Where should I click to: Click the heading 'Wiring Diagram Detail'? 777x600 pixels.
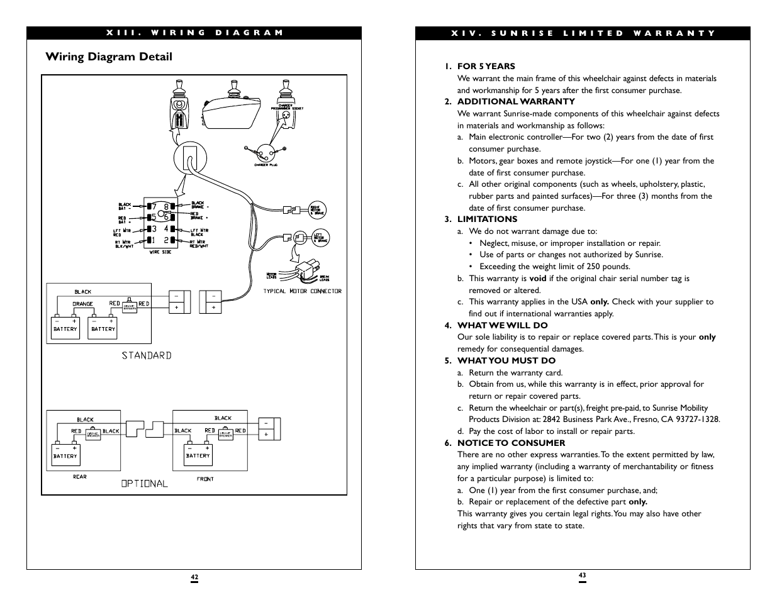coord(109,57)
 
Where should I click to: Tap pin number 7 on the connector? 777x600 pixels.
coord(153,207)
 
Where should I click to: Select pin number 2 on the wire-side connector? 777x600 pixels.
coord(167,240)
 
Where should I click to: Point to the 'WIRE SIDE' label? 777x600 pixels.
coord(160,252)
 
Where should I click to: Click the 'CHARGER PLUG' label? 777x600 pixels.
coord(266,165)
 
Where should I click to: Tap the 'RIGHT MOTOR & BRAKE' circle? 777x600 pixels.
coord(316,210)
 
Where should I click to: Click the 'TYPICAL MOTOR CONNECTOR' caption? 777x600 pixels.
coord(302,291)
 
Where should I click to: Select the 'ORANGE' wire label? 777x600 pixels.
coord(82,304)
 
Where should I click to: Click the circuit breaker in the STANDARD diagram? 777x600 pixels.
coord(130,306)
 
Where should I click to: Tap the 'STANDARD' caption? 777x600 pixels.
coord(147,355)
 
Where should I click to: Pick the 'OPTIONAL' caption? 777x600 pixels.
coord(145,484)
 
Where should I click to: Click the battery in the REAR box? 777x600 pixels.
coord(65,455)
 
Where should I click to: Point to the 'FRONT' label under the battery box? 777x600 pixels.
coord(205,479)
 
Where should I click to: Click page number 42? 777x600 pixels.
coord(194,577)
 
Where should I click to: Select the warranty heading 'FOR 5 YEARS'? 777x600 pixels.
coord(486,66)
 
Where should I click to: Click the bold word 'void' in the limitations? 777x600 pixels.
coord(537,278)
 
